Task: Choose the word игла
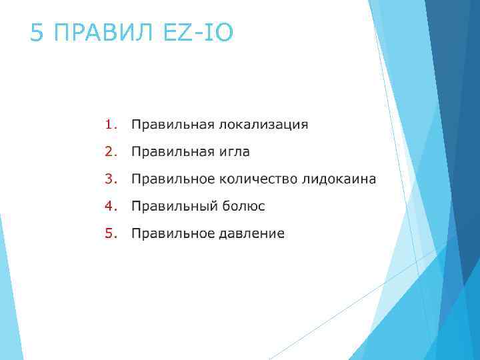(235, 152)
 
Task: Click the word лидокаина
(339, 179)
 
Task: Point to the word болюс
(243, 207)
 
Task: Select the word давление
(252, 234)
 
